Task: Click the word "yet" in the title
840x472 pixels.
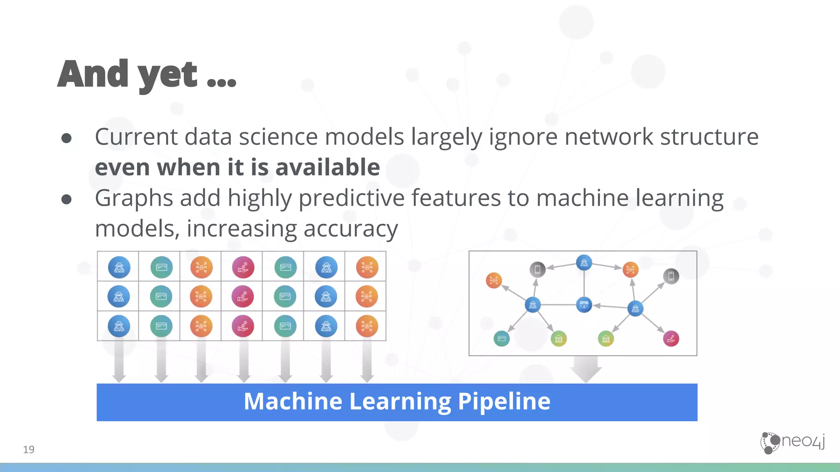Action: tap(167, 75)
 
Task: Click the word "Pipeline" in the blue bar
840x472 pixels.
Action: tap(504, 401)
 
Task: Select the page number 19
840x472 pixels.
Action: tap(29, 449)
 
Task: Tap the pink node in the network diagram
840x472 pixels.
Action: tap(671, 338)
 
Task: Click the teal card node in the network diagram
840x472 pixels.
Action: tap(501, 338)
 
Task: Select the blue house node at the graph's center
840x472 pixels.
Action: tap(584, 305)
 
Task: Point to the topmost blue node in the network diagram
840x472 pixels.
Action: tap(584, 263)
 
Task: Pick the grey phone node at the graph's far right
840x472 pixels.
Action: tap(671, 276)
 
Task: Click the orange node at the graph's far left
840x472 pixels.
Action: tap(494, 280)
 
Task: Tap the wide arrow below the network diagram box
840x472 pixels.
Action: tap(586, 369)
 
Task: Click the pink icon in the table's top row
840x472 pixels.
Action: tap(243, 267)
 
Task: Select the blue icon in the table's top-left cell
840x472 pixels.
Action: tap(119, 267)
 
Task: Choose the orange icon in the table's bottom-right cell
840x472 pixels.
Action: tap(367, 326)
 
